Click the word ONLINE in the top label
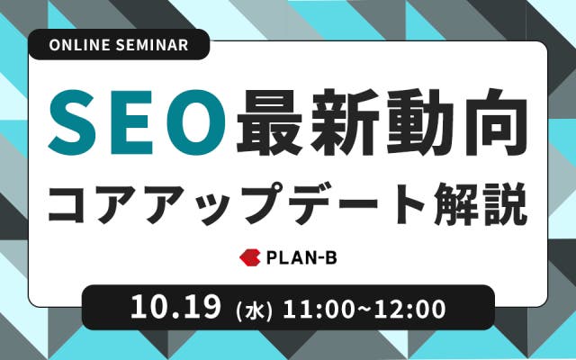tap(79, 45)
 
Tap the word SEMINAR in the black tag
tap(152, 45)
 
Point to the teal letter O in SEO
tap(196, 121)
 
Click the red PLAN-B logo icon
tap(250, 257)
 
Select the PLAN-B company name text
tap(301, 258)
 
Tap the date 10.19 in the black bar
tap(175, 307)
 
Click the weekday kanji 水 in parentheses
tap(254, 310)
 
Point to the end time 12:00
tap(410, 310)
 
